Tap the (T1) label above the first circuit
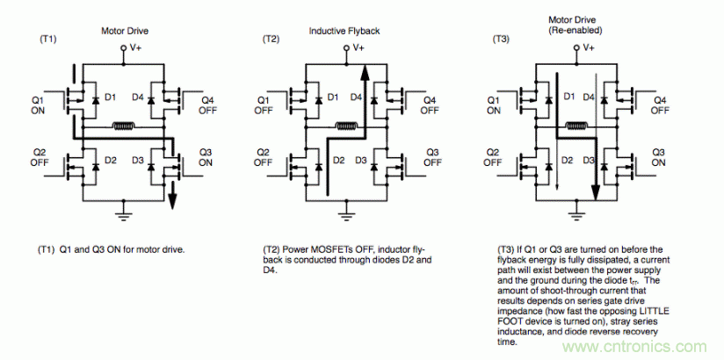(49, 40)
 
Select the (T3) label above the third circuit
(502, 40)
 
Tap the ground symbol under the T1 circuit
(124, 213)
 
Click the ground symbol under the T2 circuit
(350, 213)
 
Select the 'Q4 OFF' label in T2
(430, 105)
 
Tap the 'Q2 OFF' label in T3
(493, 156)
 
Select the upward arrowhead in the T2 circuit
(362, 70)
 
